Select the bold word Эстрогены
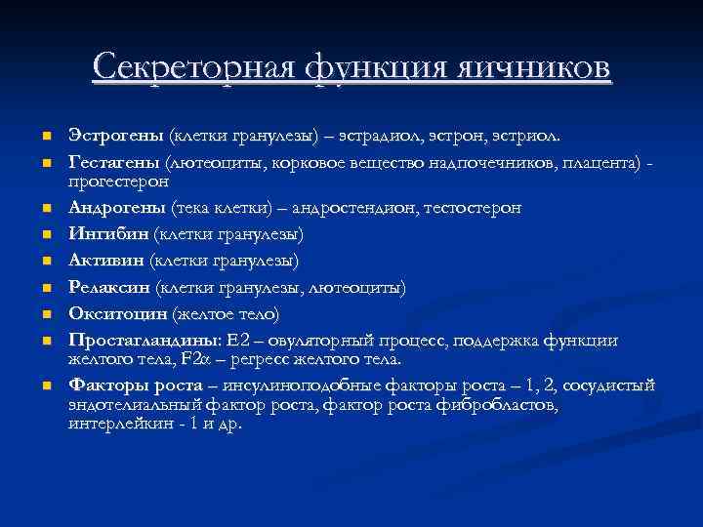tap(115, 133)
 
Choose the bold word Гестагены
tap(114, 159)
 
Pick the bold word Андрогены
tap(116, 208)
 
